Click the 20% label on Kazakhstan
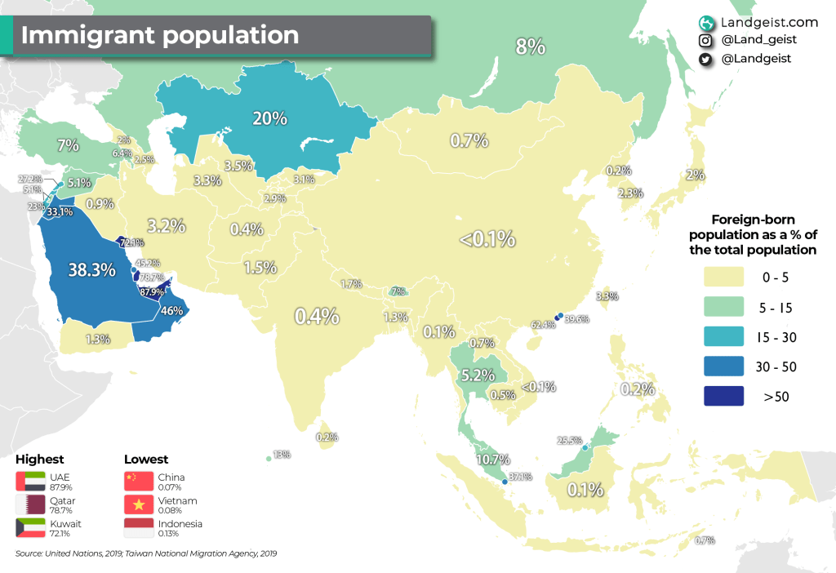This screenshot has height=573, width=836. [x=269, y=118]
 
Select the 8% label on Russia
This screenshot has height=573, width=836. [x=530, y=47]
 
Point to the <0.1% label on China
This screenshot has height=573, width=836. [x=487, y=239]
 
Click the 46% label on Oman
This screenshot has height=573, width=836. [x=171, y=310]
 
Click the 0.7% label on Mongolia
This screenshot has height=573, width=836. [x=469, y=140]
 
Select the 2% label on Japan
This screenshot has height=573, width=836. [x=695, y=175]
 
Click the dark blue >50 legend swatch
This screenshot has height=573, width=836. [x=723, y=397]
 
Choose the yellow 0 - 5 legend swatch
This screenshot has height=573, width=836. [x=723, y=278]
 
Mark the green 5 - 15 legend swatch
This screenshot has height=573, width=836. [x=723, y=308]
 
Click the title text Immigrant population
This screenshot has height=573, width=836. [x=159, y=36]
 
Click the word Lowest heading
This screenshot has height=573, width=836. [x=146, y=459]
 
